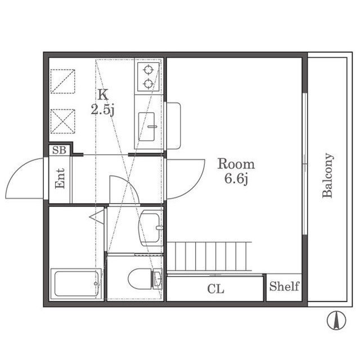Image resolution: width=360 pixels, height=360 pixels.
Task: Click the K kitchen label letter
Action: coord(103,94)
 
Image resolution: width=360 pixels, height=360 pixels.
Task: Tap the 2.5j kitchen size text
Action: coord(102,110)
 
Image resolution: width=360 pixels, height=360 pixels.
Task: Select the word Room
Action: coord(236,164)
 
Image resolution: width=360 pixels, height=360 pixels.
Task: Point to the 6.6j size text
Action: coord(236,179)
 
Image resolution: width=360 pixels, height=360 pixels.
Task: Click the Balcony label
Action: coord(327,175)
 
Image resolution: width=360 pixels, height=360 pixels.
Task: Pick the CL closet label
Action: coord(215,289)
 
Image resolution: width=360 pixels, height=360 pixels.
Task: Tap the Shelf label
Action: coord(284,286)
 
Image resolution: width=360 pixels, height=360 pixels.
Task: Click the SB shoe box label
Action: coord(59,150)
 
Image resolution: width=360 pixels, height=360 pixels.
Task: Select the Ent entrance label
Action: coord(60,178)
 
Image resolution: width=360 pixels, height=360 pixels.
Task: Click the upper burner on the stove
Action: coord(148,69)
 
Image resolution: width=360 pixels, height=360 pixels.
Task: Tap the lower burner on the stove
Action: coord(148,84)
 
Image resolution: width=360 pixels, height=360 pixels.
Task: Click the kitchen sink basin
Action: coord(146,127)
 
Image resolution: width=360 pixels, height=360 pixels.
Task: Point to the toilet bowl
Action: coord(139,279)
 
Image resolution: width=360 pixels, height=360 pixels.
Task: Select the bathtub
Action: coord(76,283)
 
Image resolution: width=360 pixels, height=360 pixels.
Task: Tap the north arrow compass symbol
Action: coord(336,320)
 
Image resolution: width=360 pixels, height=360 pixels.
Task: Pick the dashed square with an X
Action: coord(62,121)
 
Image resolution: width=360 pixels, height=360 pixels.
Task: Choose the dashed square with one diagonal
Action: coord(62,81)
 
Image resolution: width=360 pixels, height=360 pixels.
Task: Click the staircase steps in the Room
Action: coord(209,256)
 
